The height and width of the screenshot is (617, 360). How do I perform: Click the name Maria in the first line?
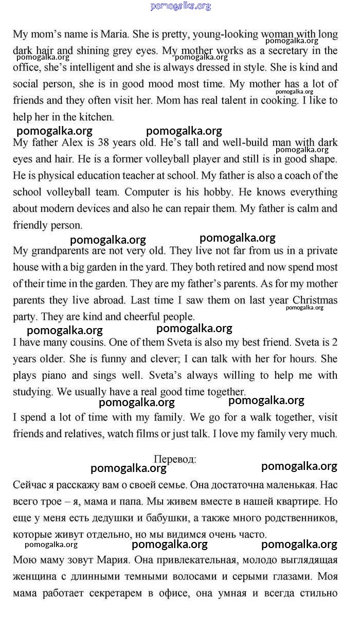(114, 34)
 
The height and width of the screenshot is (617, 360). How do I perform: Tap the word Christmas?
(315, 300)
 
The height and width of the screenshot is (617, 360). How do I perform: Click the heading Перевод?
(175, 459)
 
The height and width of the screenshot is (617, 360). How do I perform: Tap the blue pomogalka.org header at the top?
(181, 6)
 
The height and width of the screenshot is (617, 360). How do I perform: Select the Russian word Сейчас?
(29, 485)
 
